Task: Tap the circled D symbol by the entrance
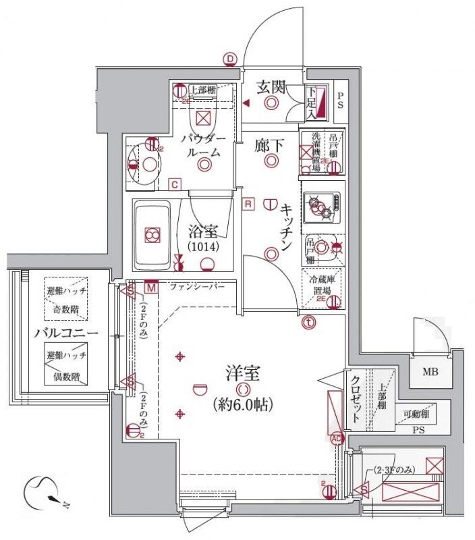click(230, 59)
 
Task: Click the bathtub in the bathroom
click(152, 236)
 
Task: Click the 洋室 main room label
click(242, 373)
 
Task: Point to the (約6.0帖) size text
click(242, 405)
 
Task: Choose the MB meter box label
click(430, 371)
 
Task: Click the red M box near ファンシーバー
click(151, 289)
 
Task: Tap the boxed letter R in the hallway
click(248, 203)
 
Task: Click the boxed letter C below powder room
click(174, 184)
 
